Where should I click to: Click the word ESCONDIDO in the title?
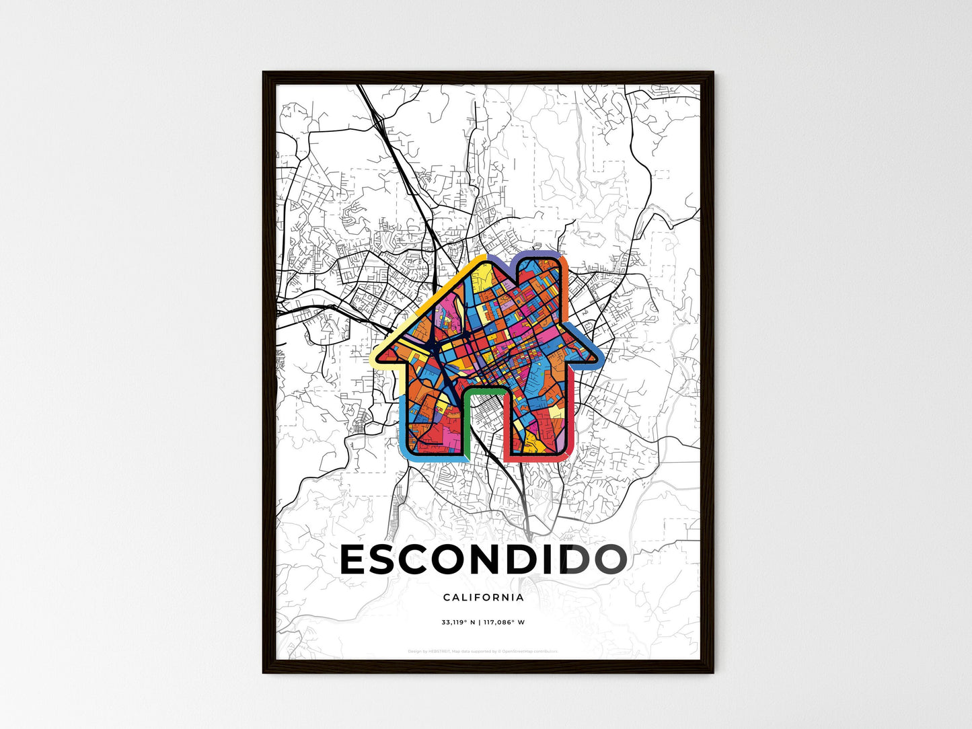(483, 560)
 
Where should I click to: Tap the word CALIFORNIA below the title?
(483, 597)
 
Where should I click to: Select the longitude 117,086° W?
(504, 622)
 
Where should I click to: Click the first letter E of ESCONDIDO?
(355, 560)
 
